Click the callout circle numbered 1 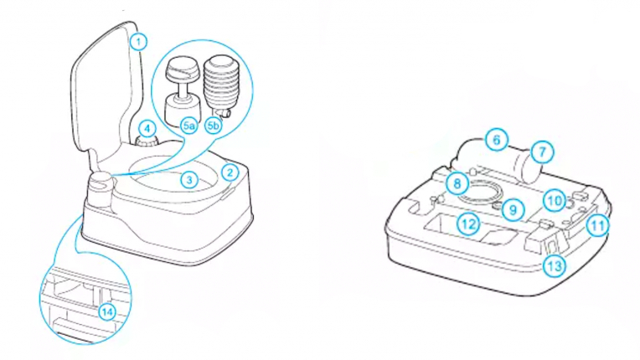(140, 39)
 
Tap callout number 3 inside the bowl (190, 179)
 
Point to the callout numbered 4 (147, 129)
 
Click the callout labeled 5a (189, 126)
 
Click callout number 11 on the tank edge (596, 225)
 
